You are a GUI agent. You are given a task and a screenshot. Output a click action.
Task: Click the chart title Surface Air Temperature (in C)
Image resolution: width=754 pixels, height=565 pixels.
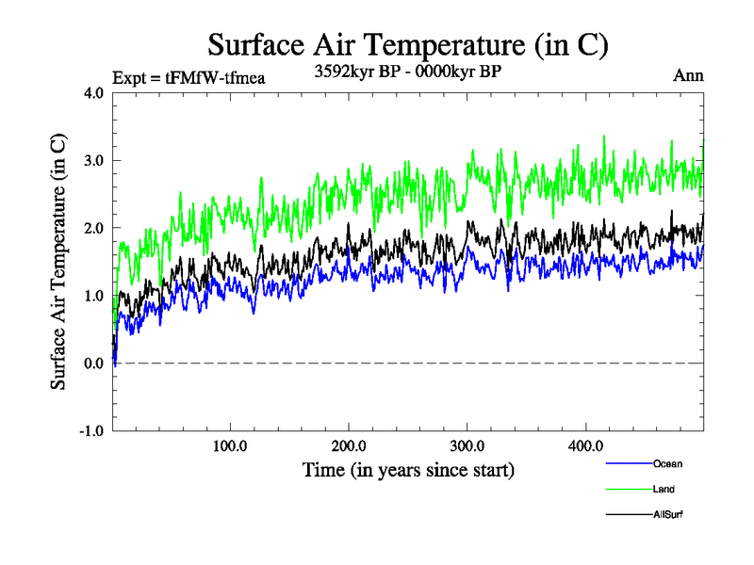(x=408, y=44)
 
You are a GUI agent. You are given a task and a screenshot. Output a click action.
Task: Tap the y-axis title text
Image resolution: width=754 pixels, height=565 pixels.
(x=58, y=262)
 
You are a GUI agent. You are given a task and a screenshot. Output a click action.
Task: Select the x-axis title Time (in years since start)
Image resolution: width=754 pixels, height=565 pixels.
(x=408, y=468)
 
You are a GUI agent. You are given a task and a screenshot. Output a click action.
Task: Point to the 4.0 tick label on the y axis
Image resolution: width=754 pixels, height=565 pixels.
(x=94, y=92)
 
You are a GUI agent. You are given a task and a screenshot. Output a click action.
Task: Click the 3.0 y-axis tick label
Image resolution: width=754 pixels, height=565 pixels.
(x=94, y=160)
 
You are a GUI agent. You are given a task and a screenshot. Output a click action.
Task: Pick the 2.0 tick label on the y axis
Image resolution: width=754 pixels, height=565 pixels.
(x=94, y=228)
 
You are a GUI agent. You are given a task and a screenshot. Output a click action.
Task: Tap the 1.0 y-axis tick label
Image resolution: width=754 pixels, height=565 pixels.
(x=94, y=296)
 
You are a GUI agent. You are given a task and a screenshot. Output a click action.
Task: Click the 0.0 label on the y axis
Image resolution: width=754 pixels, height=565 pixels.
(x=94, y=363)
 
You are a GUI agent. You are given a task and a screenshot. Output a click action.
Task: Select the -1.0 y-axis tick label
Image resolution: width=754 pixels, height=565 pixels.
(x=91, y=431)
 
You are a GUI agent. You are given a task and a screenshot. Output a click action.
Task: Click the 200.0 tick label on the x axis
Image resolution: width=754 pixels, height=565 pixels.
(x=349, y=445)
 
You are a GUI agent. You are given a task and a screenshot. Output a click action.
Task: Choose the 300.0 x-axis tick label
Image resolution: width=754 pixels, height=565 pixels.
(x=467, y=445)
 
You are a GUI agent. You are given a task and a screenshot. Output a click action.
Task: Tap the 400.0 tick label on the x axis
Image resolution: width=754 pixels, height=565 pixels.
(x=585, y=445)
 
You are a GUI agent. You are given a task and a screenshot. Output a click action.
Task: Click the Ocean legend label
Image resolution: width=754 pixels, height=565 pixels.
(x=667, y=464)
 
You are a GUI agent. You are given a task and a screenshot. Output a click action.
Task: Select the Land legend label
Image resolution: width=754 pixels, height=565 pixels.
(x=664, y=490)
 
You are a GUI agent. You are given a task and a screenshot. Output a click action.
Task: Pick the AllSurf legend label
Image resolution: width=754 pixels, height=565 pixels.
(x=668, y=515)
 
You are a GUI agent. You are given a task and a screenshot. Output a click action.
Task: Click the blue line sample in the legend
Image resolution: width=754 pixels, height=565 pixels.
(x=629, y=464)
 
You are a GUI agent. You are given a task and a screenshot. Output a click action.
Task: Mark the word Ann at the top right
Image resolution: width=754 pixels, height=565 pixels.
(x=688, y=76)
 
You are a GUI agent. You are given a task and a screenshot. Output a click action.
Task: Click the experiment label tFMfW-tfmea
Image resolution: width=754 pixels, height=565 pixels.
(x=215, y=78)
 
